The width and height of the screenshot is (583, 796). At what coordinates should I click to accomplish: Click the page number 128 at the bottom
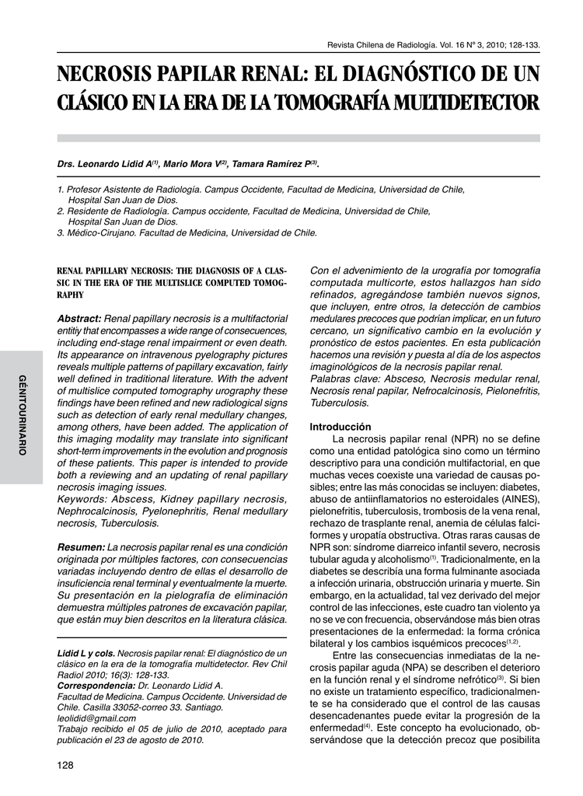click(x=65, y=766)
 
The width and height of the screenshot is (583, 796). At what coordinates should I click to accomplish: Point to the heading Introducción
click(x=341, y=427)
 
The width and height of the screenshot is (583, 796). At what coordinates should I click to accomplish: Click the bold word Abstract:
click(x=79, y=319)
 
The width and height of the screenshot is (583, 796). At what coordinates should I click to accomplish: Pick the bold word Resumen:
click(x=82, y=547)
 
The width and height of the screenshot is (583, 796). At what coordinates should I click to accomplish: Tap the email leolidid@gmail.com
click(x=96, y=718)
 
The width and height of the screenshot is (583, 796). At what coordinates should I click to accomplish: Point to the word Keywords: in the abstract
click(x=82, y=497)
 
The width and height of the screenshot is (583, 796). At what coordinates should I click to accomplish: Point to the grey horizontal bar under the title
click(x=298, y=138)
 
